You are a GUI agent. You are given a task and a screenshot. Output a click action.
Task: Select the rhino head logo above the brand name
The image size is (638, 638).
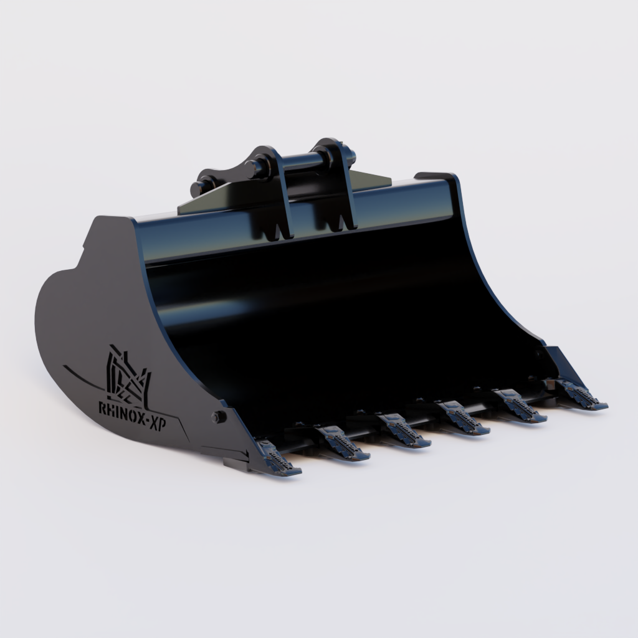pyautogui.click(x=128, y=374)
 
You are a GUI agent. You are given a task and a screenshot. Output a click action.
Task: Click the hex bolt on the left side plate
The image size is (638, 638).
pyautogui.click(x=218, y=417)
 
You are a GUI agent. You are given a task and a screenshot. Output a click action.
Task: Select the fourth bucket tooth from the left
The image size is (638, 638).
pyautogui.click(x=462, y=419)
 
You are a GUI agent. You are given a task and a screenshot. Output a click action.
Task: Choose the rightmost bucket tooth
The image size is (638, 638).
pyautogui.click(x=579, y=396)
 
